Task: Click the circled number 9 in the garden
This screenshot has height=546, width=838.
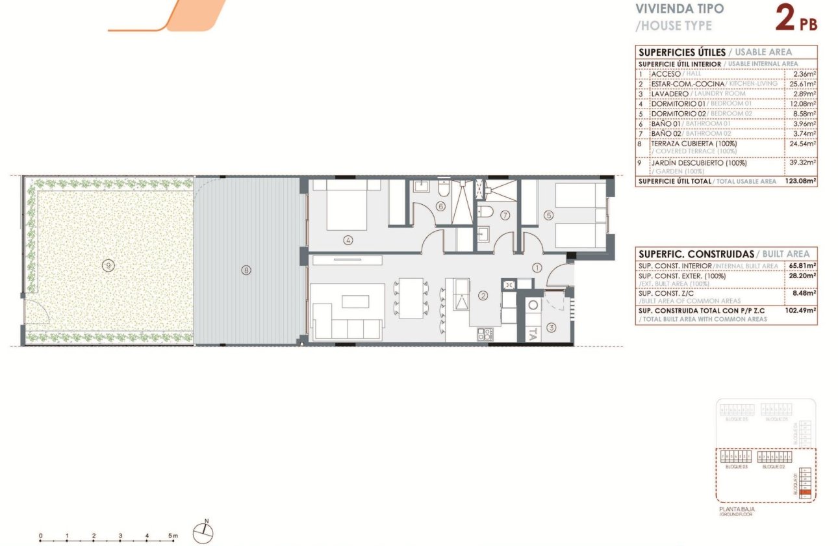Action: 108,264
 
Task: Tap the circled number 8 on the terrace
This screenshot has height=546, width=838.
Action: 246,269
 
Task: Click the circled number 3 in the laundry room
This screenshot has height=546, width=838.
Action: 551,327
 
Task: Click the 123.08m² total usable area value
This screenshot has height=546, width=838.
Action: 800,181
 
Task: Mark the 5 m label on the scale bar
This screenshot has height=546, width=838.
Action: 173,536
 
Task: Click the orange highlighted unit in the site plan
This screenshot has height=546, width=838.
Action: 805,493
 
